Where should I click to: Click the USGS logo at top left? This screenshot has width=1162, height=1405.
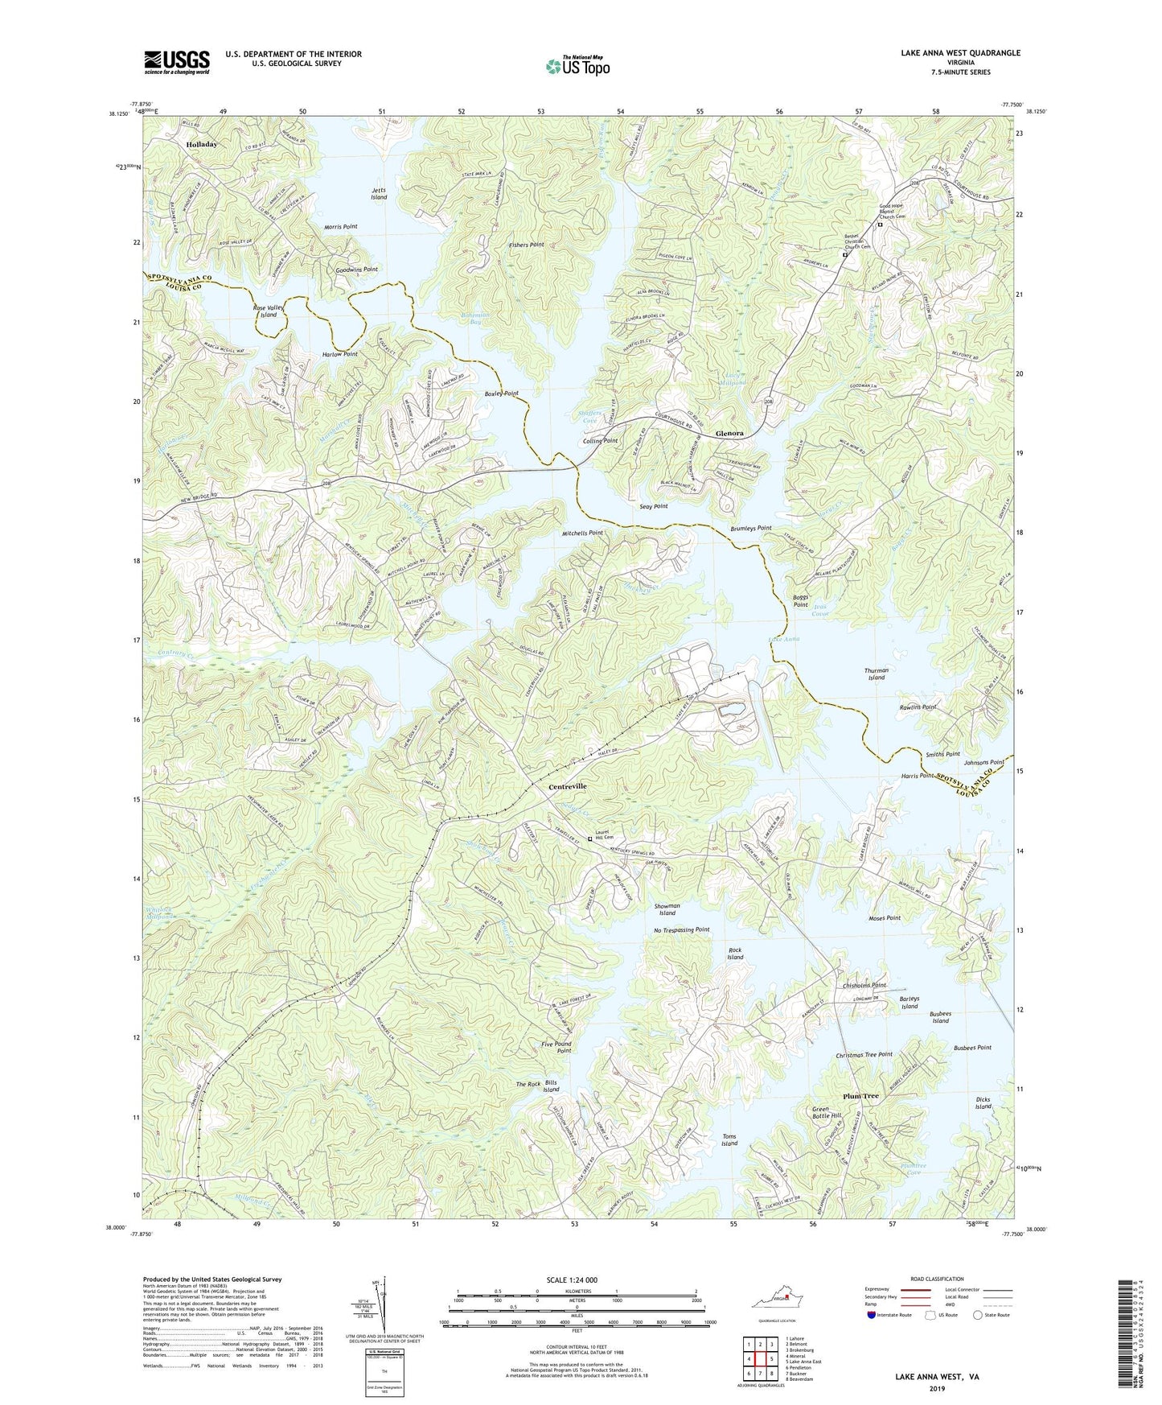coord(177,61)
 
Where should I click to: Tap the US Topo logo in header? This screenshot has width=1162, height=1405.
coord(576,66)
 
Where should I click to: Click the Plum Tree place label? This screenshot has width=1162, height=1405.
coord(860,1096)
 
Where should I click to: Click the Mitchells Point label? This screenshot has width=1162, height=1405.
coord(582,533)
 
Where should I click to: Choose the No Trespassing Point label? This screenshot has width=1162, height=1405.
coord(681,929)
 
